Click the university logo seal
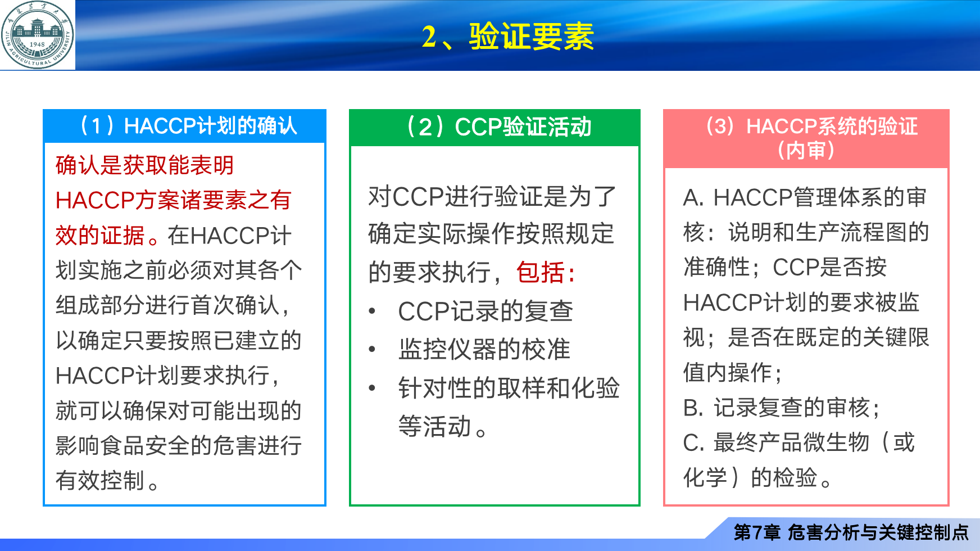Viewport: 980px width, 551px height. (x=38, y=35)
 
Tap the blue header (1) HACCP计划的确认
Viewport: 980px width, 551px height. (x=185, y=126)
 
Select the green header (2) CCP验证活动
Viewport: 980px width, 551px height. (x=494, y=127)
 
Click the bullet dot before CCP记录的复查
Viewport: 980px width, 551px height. (x=372, y=311)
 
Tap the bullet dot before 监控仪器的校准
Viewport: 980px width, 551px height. (x=372, y=349)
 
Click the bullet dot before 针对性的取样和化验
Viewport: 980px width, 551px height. (x=372, y=388)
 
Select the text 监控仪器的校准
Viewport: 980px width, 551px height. (x=484, y=349)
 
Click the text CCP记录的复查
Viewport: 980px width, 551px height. (x=486, y=311)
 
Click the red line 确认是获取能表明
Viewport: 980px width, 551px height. (x=144, y=165)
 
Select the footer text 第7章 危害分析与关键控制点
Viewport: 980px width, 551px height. (x=851, y=532)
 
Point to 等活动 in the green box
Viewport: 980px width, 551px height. (x=434, y=426)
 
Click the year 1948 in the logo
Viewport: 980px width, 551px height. (x=37, y=44)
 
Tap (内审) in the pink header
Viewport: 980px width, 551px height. (x=806, y=151)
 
